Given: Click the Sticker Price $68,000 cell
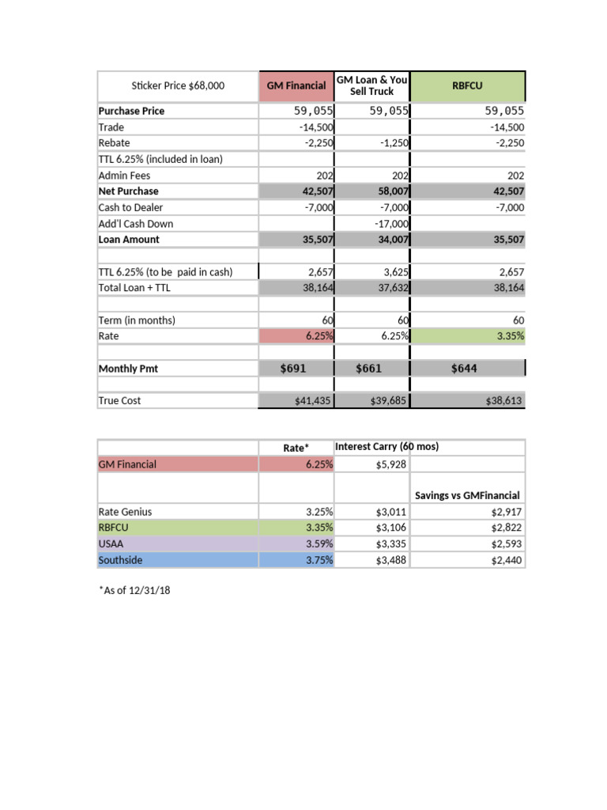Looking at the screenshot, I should pos(178,85).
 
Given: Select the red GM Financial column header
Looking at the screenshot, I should pos(296,85).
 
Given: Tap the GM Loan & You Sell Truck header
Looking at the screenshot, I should pos(371,85).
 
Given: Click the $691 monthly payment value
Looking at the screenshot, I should pos(293,369).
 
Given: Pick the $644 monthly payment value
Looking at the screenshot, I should pos(463,369).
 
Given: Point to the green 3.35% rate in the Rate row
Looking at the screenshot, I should pos(507,336).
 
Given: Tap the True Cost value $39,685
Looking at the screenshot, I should pos(388,401).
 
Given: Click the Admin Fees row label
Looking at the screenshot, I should pos(124,176).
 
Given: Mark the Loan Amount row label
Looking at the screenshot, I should pos(129,240).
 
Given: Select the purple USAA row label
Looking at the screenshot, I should pos(111,544).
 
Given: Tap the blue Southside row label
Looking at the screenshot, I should pos(119,560).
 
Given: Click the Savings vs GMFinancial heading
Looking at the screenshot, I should pos(467,495).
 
